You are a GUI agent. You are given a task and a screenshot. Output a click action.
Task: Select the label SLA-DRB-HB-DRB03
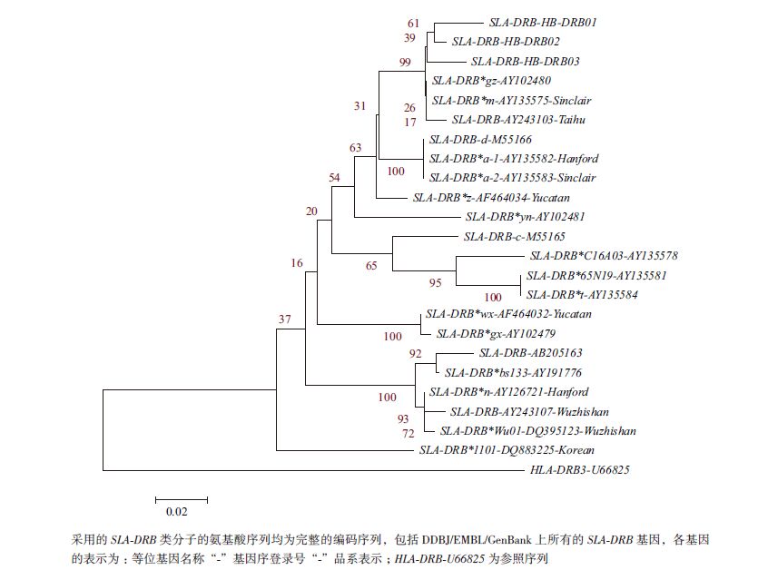(x=526, y=62)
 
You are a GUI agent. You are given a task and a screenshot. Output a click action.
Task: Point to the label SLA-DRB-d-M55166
(x=480, y=140)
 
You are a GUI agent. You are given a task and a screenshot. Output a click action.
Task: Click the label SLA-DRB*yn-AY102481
(x=525, y=217)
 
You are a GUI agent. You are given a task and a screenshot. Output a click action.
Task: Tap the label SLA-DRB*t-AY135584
(x=582, y=295)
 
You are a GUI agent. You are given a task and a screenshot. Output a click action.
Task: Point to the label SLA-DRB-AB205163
(x=530, y=353)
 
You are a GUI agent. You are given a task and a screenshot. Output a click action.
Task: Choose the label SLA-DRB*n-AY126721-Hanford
(x=508, y=392)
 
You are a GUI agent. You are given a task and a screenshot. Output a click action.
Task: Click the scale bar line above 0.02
(x=182, y=498)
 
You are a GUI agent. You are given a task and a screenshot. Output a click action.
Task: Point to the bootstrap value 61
(x=414, y=23)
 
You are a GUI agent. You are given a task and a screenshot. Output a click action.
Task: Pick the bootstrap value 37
(x=285, y=319)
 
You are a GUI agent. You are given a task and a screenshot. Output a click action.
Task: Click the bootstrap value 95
(x=436, y=282)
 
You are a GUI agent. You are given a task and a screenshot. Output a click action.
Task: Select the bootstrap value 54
(x=335, y=178)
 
